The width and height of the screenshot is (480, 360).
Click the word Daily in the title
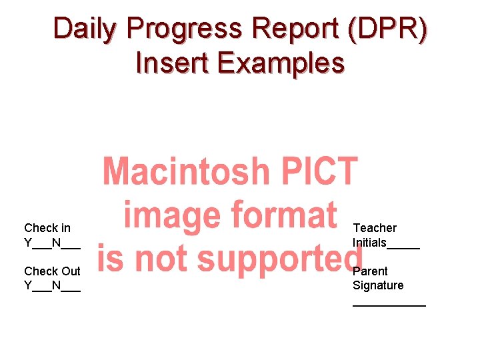84,29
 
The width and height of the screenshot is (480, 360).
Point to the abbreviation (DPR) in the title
391,29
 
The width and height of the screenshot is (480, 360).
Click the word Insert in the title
172,63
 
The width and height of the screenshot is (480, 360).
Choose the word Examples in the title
280,63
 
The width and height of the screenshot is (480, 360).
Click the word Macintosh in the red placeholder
184,172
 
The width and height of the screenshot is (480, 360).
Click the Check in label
47,228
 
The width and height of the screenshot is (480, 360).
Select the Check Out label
52,271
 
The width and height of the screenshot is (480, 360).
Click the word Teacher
375,228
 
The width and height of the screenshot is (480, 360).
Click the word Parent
370,271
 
